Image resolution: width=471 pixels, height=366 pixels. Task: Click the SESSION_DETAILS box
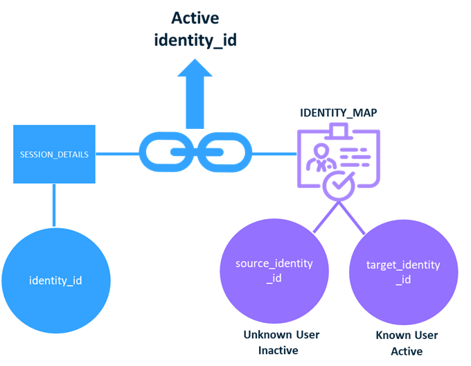(x=54, y=154)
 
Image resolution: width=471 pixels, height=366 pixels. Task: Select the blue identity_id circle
(x=55, y=280)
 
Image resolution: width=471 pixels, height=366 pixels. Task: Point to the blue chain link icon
(x=195, y=154)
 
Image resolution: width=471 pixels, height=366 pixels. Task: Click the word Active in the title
(x=195, y=17)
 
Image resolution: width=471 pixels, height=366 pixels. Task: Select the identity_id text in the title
(x=195, y=40)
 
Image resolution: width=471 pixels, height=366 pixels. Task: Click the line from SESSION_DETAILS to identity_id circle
(x=54, y=204)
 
